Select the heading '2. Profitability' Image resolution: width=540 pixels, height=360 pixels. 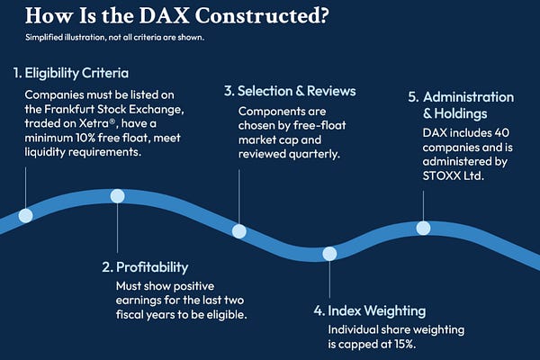point(145,266)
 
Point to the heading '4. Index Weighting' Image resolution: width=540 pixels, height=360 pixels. point(369,310)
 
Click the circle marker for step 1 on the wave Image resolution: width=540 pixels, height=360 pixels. point(26,215)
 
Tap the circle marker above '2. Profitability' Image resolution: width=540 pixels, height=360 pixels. point(117,196)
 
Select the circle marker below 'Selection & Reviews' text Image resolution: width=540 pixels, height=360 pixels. point(238,231)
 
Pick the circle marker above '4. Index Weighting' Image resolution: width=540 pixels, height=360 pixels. point(329,254)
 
